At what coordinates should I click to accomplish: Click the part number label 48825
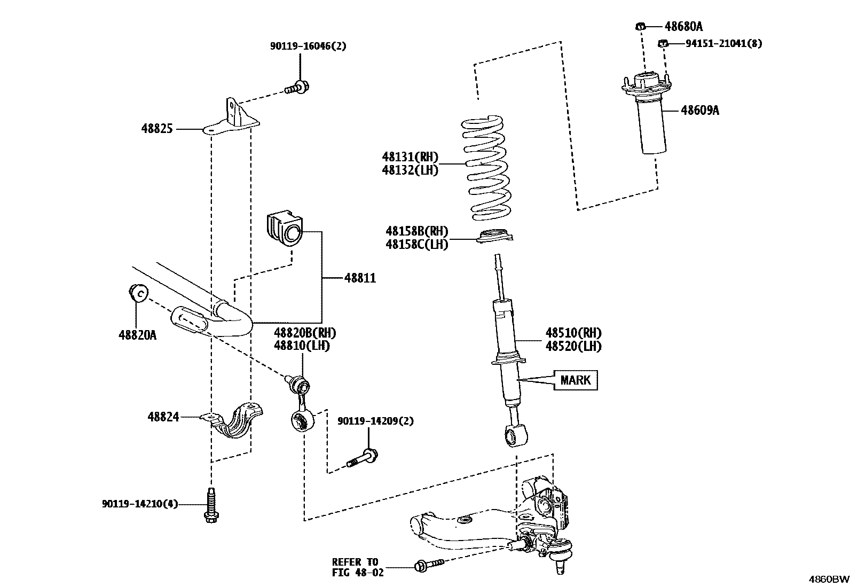tap(157, 129)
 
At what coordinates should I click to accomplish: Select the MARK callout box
tap(575, 380)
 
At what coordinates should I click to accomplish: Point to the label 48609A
tap(699, 111)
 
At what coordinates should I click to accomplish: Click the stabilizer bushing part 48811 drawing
tap(283, 231)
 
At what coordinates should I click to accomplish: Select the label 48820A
tap(137, 335)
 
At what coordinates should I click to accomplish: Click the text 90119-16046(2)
tap(308, 46)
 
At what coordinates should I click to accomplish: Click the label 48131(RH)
tap(410, 157)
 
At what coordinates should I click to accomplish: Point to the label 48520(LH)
tap(573, 346)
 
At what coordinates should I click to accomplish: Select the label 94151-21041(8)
tap(723, 43)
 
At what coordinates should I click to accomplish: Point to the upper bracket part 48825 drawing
tap(234, 116)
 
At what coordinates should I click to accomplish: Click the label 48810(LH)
tap(302, 346)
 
